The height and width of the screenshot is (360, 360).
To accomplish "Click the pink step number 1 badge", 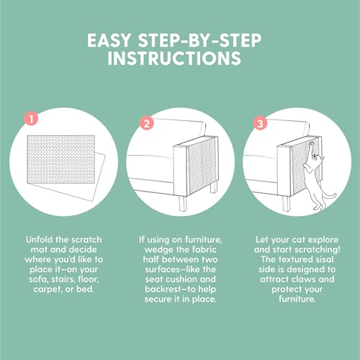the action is coord(32,119).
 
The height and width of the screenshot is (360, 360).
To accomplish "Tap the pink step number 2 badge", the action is coord(147,124).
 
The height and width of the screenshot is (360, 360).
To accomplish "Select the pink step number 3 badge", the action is coord(261,124).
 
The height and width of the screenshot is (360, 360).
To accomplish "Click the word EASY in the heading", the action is coord(109,40).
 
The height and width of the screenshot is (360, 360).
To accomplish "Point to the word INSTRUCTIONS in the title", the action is coord(174,58).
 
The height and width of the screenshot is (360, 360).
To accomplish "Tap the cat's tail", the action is coord(329,196).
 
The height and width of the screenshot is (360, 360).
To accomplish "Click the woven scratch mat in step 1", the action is coord(60,160).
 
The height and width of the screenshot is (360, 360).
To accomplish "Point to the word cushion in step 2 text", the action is coord(184,279).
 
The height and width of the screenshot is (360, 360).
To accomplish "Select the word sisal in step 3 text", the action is coord(323,259).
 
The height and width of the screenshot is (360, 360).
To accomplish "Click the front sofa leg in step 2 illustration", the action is coord(183,204).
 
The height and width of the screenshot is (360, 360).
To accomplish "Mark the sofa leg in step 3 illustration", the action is coord(287,204).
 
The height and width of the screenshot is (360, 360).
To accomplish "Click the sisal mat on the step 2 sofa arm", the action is coord(202,166).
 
